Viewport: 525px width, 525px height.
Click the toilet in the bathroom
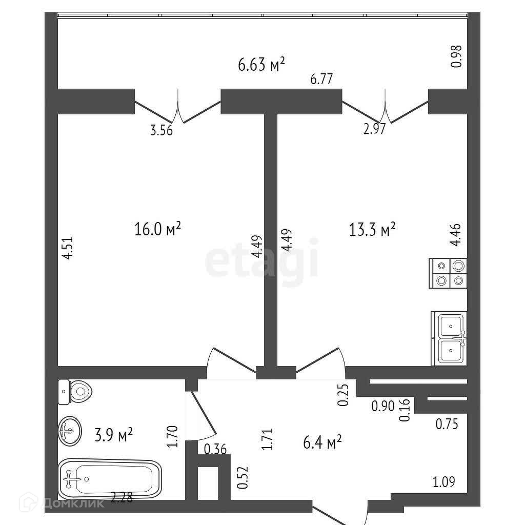(x=75, y=392)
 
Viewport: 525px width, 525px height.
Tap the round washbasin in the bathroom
(x=70, y=432)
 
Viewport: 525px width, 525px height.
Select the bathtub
(x=110, y=478)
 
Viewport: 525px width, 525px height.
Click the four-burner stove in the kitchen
(x=448, y=273)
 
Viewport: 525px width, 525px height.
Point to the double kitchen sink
(x=450, y=338)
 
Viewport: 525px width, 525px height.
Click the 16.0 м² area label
(x=158, y=230)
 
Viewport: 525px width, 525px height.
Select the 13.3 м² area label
(x=372, y=230)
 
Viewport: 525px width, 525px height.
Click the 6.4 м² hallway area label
(x=322, y=441)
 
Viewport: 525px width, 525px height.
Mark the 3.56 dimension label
(x=161, y=130)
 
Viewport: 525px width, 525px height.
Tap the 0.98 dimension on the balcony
(x=456, y=56)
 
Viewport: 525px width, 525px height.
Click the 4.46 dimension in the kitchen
(x=455, y=235)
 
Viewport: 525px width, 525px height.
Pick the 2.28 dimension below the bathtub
(x=122, y=497)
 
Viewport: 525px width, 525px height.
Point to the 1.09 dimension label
(x=444, y=482)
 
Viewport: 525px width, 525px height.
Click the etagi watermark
(x=262, y=261)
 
